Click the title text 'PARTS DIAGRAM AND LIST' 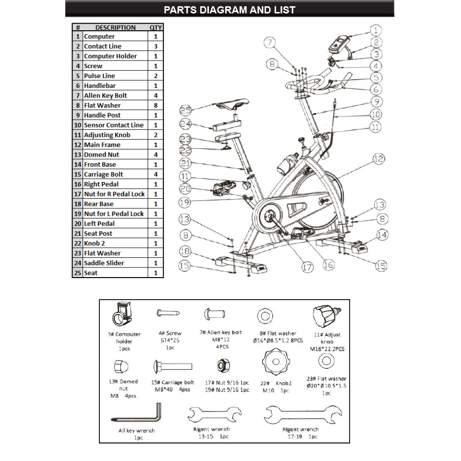point(230,10)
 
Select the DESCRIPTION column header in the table point(115,27)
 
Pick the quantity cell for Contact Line point(156,46)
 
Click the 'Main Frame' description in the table point(102,145)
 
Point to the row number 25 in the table point(77,273)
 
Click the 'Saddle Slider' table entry point(104,263)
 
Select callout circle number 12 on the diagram point(379,158)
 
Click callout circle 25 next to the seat point(185,110)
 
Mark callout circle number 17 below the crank point(307,267)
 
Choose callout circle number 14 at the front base point(382,235)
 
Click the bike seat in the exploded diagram point(232,104)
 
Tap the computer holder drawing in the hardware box point(122,315)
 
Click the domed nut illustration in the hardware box point(118,367)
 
